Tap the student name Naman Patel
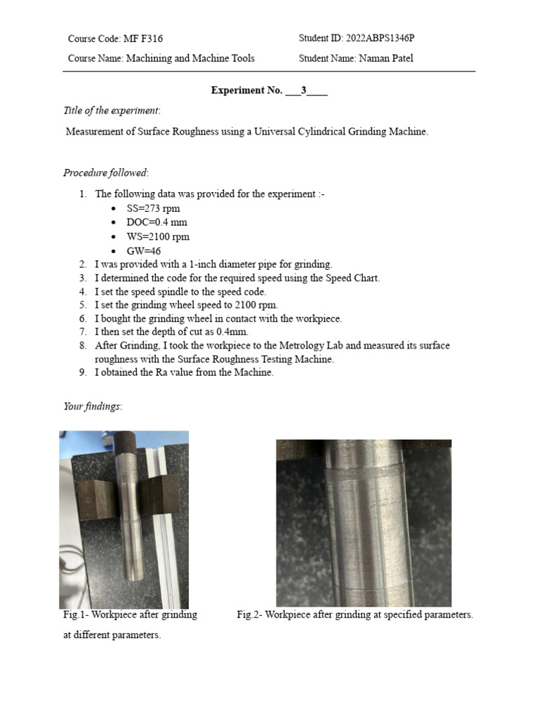click(x=386, y=58)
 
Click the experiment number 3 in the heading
click(x=303, y=90)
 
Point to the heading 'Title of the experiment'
click(x=112, y=110)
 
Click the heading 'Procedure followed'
click(x=106, y=172)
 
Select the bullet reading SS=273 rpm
click(x=153, y=209)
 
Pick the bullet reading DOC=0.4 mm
click(x=157, y=223)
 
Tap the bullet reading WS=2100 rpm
click(x=158, y=237)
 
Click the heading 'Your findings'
click(x=92, y=407)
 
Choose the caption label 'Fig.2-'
click(x=250, y=615)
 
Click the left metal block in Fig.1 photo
click(x=95, y=501)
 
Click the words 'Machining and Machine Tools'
click(x=190, y=58)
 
